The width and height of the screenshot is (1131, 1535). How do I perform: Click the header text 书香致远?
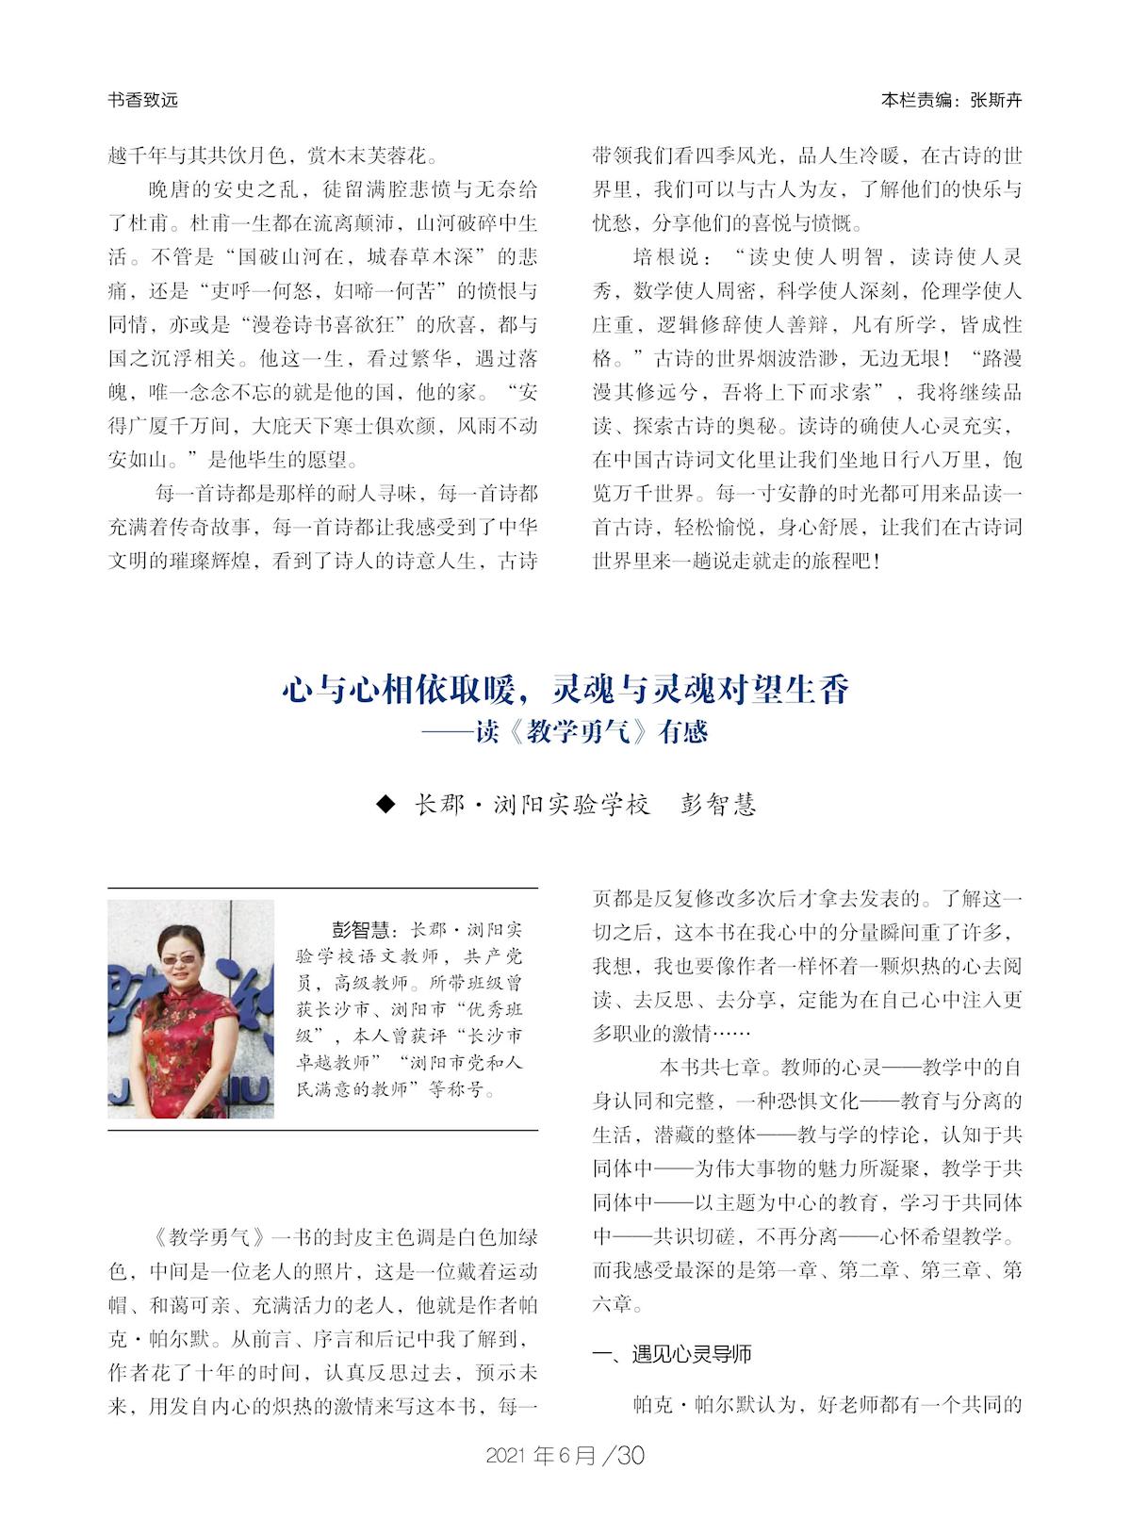click(x=143, y=100)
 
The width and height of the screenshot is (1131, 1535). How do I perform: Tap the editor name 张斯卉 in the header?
click(x=994, y=100)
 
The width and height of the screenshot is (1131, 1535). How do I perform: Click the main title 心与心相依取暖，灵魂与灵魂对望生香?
click(x=565, y=690)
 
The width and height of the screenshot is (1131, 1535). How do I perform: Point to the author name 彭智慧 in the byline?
click(x=718, y=805)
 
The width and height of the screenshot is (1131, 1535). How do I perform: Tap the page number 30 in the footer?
click(x=631, y=1456)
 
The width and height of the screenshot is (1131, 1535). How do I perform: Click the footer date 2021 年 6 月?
click(x=541, y=1456)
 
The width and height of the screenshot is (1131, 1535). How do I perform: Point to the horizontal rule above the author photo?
click(x=322, y=888)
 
